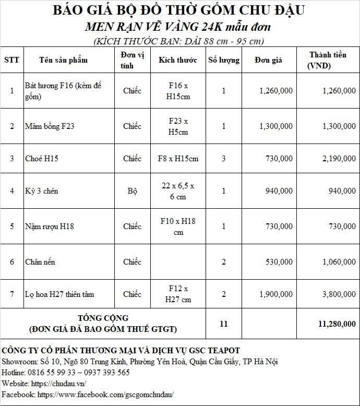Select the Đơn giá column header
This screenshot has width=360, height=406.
coord(268,60)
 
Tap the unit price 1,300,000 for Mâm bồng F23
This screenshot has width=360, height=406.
coord(276,126)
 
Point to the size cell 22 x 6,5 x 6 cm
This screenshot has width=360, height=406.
coord(178,191)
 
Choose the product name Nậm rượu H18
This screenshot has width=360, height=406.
coord(50,226)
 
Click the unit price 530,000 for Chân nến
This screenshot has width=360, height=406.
coord(279,261)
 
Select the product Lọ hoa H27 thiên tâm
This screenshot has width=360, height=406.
coord(59,294)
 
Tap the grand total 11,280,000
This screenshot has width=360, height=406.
coord(337,324)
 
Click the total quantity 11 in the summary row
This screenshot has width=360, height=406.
coord(224,324)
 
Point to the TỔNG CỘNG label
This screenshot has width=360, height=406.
coord(103,318)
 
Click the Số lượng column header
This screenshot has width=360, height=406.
coord(224,60)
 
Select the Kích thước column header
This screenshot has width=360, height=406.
coord(178,60)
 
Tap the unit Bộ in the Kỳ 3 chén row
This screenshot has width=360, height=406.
coord(132,191)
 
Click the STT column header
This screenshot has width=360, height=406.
coord(11,60)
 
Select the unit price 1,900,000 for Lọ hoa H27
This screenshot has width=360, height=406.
coord(276,294)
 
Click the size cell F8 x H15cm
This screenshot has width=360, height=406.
coord(178,159)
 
